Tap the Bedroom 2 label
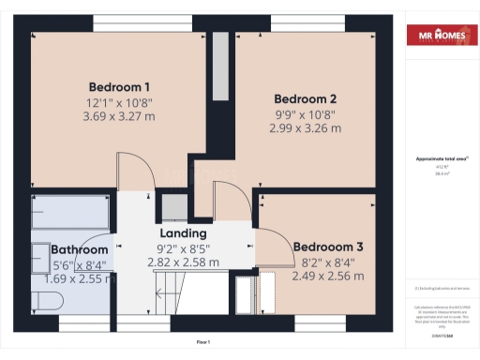click(305, 98)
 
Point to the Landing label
click(183, 233)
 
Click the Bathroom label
click(80, 250)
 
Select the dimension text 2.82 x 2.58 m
click(183, 263)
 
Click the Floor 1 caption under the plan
click(203, 342)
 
